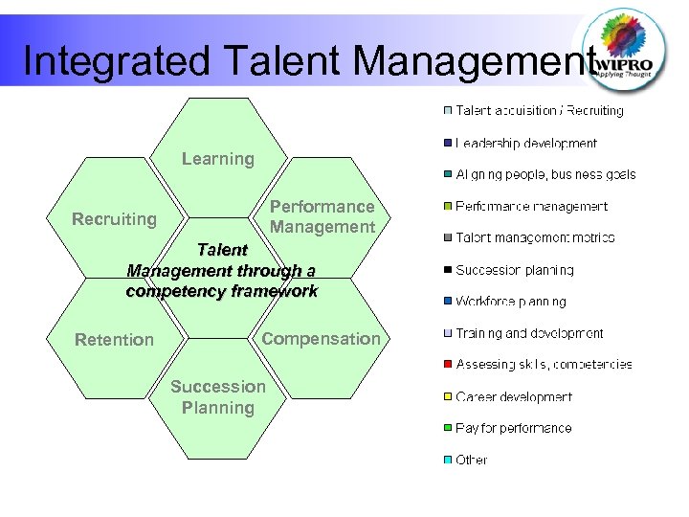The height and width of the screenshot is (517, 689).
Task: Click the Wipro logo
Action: [x=627, y=49]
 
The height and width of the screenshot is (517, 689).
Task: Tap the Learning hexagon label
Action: [x=218, y=159]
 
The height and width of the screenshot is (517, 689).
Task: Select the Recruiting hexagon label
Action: [x=114, y=219]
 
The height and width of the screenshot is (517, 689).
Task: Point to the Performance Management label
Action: [x=322, y=217]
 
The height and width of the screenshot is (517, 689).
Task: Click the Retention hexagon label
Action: [x=114, y=340]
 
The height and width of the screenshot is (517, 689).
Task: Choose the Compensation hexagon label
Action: [x=321, y=339]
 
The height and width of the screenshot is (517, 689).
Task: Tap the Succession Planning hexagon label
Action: [x=218, y=397]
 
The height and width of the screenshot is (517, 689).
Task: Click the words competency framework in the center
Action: [x=222, y=291]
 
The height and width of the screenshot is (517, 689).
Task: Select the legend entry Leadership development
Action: [x=526, y=144]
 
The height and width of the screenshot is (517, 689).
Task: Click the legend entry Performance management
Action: [x=531, y=206]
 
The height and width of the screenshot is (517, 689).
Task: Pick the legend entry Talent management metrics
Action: [x=535, y=237]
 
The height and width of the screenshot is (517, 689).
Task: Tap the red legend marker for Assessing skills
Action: [x=447, y=365]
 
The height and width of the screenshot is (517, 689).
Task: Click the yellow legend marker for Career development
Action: [x=447, y=396]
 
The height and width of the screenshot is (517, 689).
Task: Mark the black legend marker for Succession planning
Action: [x=447, y=270]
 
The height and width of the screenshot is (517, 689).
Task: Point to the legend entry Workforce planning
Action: [x=511, y=302]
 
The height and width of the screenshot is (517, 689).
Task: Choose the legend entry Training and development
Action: [x=529, y=333]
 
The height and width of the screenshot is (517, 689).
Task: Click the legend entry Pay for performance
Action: [x=514, y=428]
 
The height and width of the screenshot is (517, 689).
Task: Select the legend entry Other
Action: [x=472, y=460]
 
